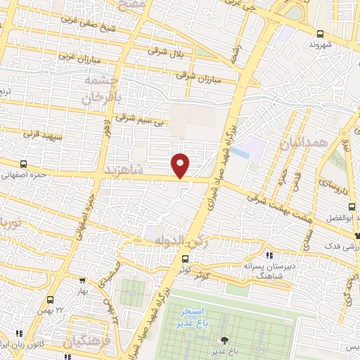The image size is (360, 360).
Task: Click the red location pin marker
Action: click(181, 165)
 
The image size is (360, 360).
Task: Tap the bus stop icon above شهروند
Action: click(321, 33)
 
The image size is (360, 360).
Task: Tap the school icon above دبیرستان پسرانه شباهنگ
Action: click(269, 256)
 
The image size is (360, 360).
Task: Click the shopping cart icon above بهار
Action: click(83, 280)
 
